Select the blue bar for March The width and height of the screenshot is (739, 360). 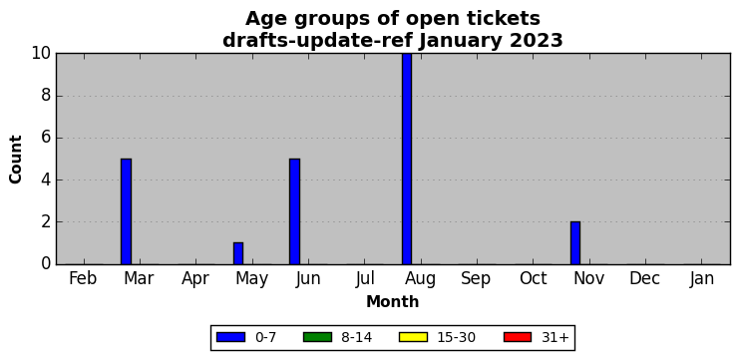126,211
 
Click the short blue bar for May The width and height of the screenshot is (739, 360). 238,253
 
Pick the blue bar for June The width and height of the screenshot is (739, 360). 294,211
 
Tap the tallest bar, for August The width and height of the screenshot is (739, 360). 407,159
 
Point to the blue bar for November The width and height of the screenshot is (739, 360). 575,243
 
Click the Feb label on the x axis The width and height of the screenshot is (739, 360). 83,278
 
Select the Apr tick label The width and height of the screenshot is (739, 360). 195,279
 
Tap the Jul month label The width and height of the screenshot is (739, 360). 365,278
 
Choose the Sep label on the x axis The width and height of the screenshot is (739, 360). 476,279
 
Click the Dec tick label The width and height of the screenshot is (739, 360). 644,278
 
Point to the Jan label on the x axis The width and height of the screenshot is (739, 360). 701,278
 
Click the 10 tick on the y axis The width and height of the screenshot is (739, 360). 41,53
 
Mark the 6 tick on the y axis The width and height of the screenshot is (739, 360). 46,138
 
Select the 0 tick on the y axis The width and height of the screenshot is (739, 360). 46,264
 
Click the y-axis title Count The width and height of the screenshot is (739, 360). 16,160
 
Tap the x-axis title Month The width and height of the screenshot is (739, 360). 393,301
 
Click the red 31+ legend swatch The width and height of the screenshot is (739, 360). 518,337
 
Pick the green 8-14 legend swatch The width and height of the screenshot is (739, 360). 317,337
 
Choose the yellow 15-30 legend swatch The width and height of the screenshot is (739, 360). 413,337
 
